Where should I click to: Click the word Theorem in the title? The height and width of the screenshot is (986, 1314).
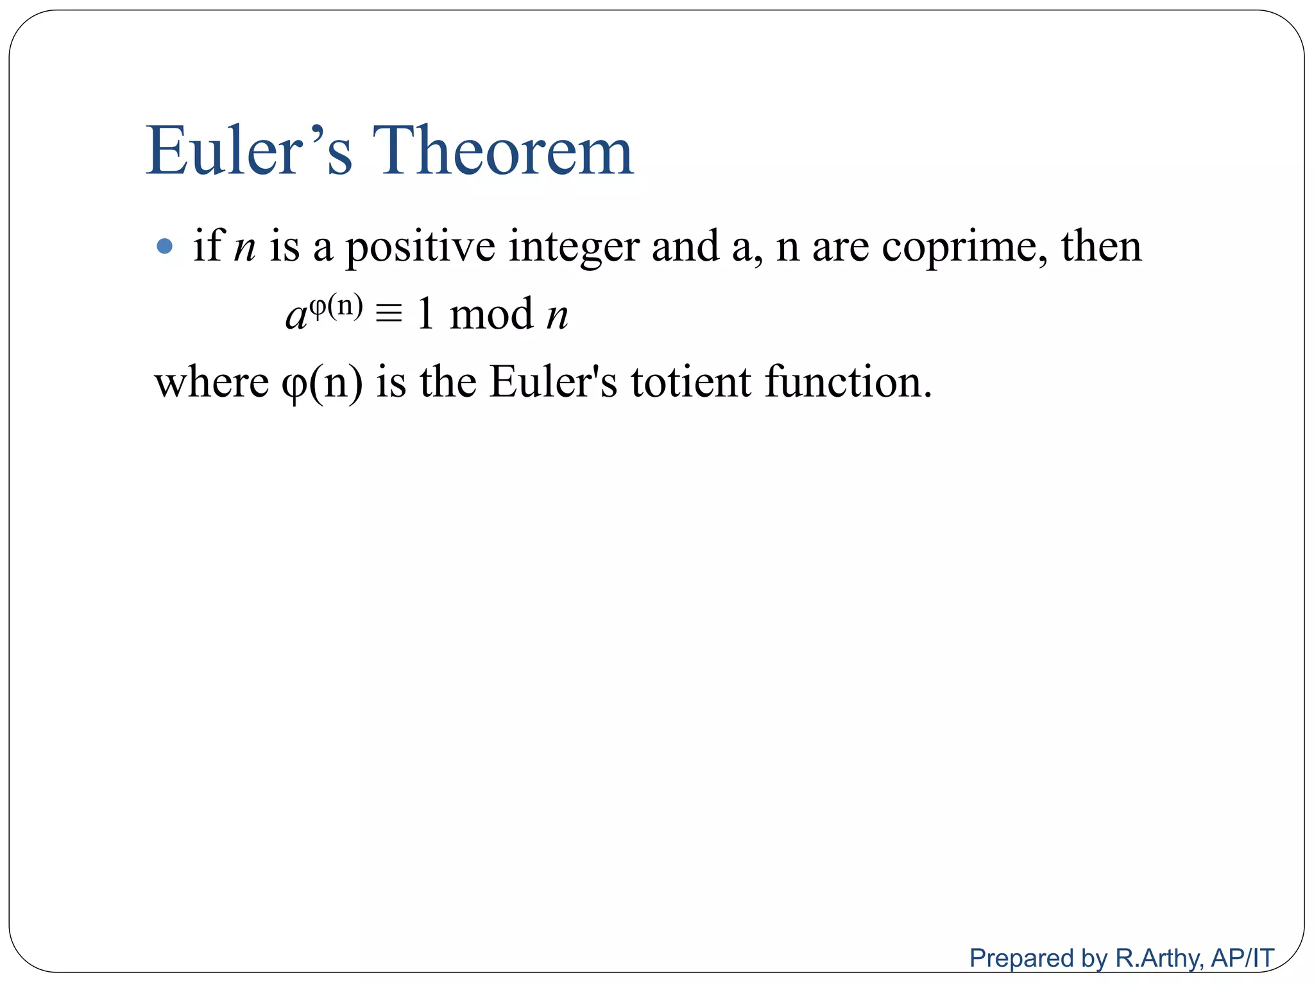(503, 151)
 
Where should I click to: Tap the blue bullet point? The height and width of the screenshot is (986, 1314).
(165, 246)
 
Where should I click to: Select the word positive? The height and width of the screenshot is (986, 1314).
(420, 247)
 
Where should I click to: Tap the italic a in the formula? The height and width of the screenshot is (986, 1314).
(296, 316)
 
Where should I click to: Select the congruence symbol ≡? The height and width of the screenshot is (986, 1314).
(389, 315)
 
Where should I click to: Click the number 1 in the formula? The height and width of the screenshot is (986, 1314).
(425, 314)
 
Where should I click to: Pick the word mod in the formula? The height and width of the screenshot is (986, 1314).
(491, 314)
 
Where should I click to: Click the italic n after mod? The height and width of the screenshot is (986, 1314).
(557, 316)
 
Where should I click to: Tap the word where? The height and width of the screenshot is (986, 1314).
(212, 382)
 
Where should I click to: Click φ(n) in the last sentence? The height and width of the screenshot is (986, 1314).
(322, 383)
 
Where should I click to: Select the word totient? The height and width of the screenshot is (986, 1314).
(690, 382)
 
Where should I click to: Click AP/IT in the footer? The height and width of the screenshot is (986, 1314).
(1242, 958)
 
